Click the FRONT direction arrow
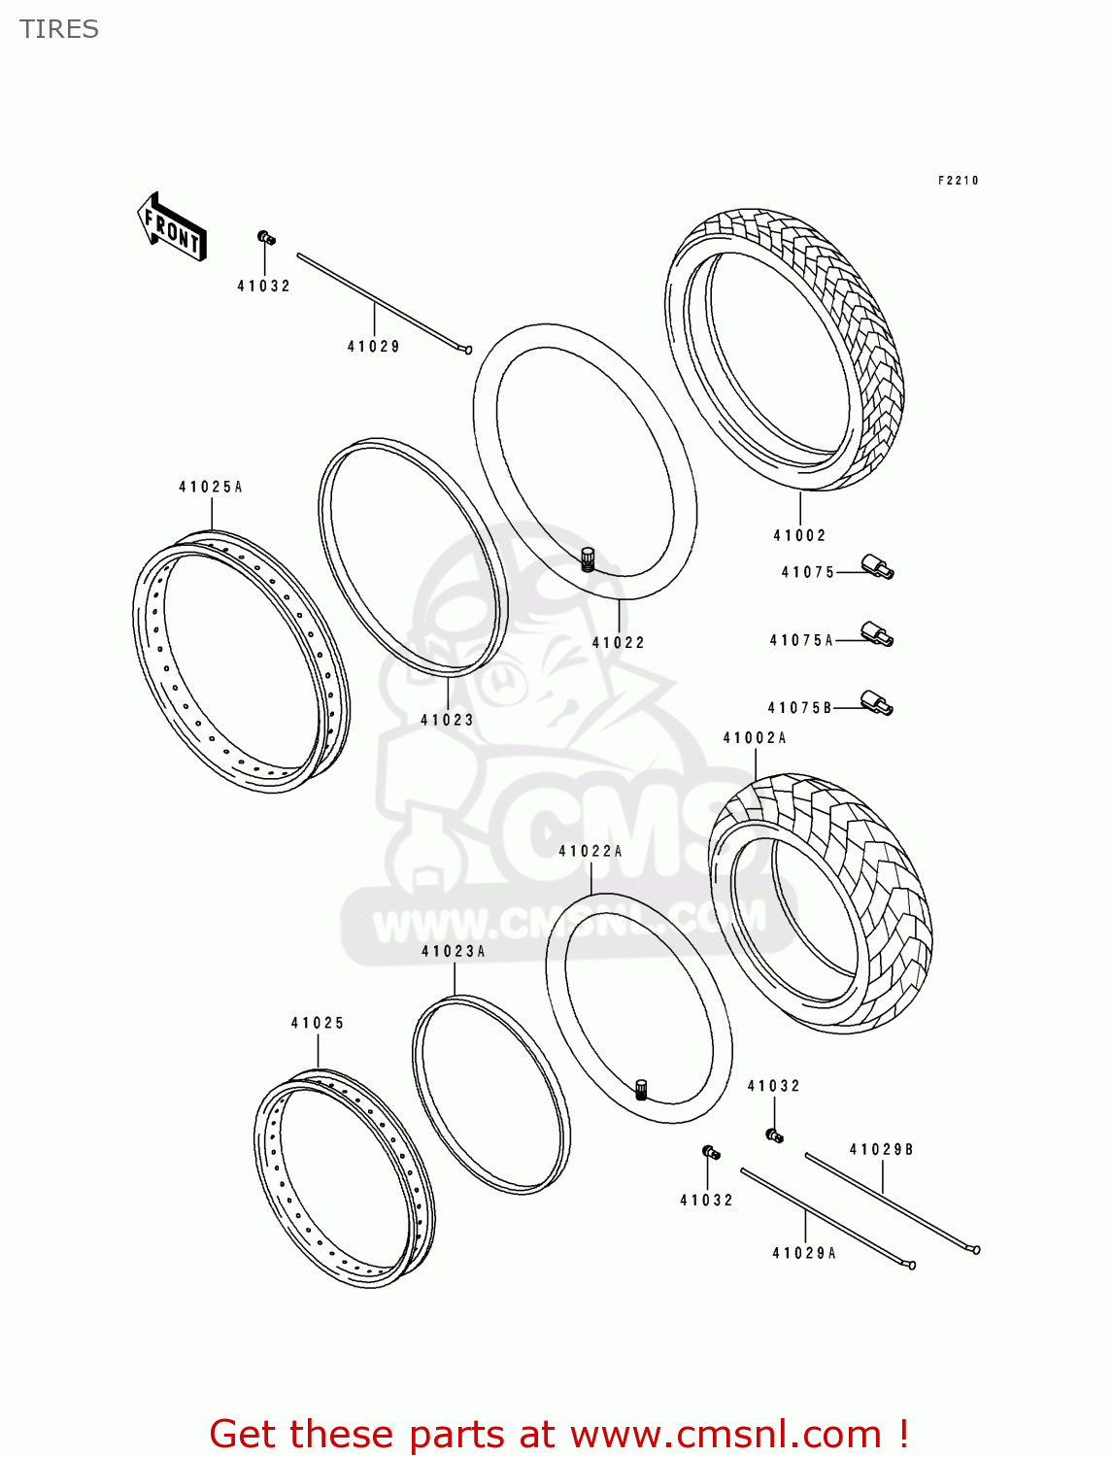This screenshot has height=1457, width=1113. [172, 227]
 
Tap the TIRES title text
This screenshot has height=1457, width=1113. [59, 29]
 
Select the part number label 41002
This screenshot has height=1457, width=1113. [799, 535]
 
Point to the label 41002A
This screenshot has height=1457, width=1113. [755, 738]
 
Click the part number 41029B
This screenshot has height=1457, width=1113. [882, 1150]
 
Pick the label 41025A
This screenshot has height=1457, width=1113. [211, 488]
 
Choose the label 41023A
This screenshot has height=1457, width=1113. [454, 952]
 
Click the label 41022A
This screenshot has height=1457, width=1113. [590, 852]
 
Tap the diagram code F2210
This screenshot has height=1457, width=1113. [959, 181]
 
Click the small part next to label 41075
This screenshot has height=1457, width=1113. [877, 567]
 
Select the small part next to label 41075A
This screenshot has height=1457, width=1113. [877, 635]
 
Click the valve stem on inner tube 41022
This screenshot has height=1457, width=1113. [587, 559]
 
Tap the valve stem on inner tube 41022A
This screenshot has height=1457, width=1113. [641, 1089]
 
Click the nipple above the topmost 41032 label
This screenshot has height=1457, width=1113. [265, 238]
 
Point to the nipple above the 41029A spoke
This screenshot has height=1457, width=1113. [710, 1153]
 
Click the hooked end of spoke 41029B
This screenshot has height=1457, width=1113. [975, 1250]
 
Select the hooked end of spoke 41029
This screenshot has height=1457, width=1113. [467, 350]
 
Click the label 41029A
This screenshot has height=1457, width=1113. [804, 1254]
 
